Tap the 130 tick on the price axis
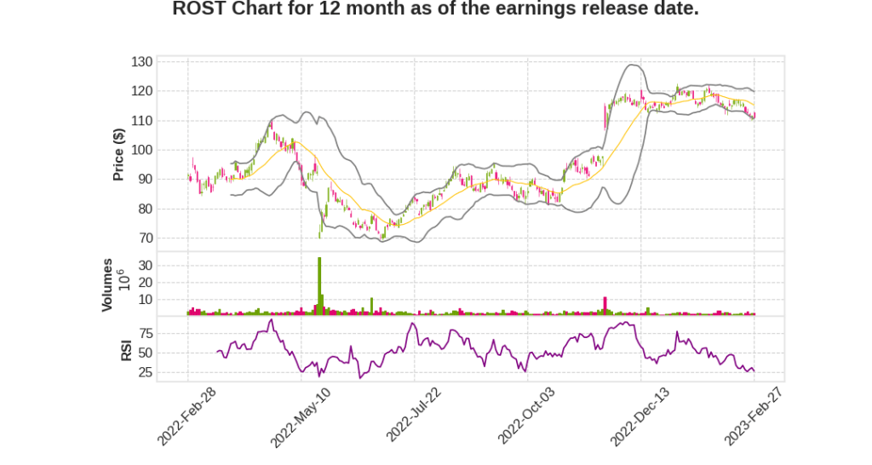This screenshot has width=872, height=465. (x=141, y=62)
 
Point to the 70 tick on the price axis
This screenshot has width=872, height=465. (x=145, y=238)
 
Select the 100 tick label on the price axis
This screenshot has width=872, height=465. (x=141, y=150)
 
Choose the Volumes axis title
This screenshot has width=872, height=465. (x=107, y=284)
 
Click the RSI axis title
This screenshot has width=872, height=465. (x=125, y=349)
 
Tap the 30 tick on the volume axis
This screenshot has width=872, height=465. (x=145, y=266)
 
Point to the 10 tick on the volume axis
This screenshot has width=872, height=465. (x=145, y=300)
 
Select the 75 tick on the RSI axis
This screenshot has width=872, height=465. (x=145, y=332)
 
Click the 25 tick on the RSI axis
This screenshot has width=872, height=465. (x=145, y=372)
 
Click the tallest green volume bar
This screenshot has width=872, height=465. (x=319, y=286)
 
